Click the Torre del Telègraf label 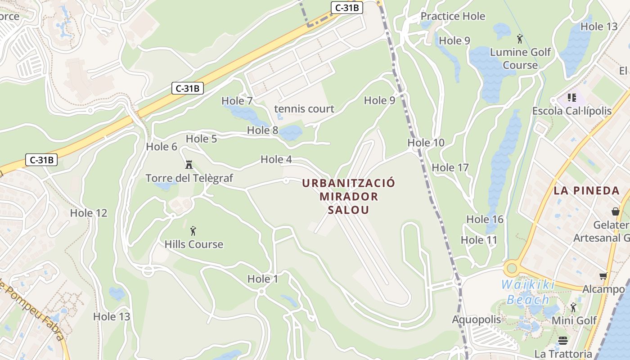(x=189, y=178)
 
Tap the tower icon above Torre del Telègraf (x=189, y=165)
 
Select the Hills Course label (x=193, y=244)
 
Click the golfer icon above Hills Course (x=193, y=231)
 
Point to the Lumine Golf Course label (x=520, y=58)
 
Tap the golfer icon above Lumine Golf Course (x=520, y=39)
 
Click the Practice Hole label (x=453, y=16)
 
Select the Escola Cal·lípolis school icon (x=571, y=97)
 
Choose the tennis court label (x=304, y=108)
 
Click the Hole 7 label (x=237, y=101)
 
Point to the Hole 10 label (x=426, y=143)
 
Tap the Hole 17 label (x=450, y=167)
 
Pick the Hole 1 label (x=263, y=279)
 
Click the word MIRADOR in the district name (x=349, y=197)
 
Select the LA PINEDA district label (x=587, y=190)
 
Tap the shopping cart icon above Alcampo (x=603, y=276)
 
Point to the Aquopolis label (x=477, y=319)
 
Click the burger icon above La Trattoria (x=562, y=340)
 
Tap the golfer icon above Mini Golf (x=573, y=307)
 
